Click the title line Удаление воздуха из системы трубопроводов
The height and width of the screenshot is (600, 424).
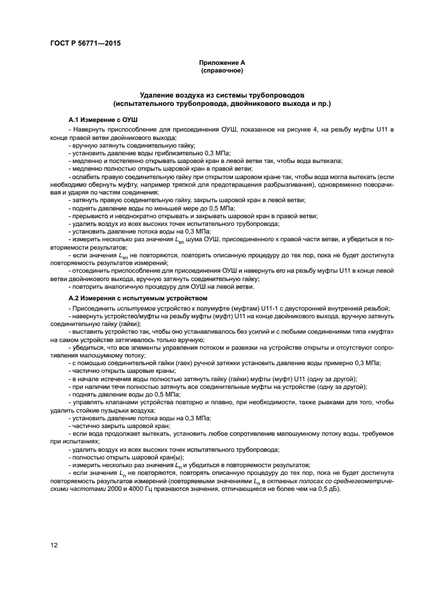[222, 94]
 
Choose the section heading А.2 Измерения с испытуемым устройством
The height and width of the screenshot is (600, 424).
[147, 299]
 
